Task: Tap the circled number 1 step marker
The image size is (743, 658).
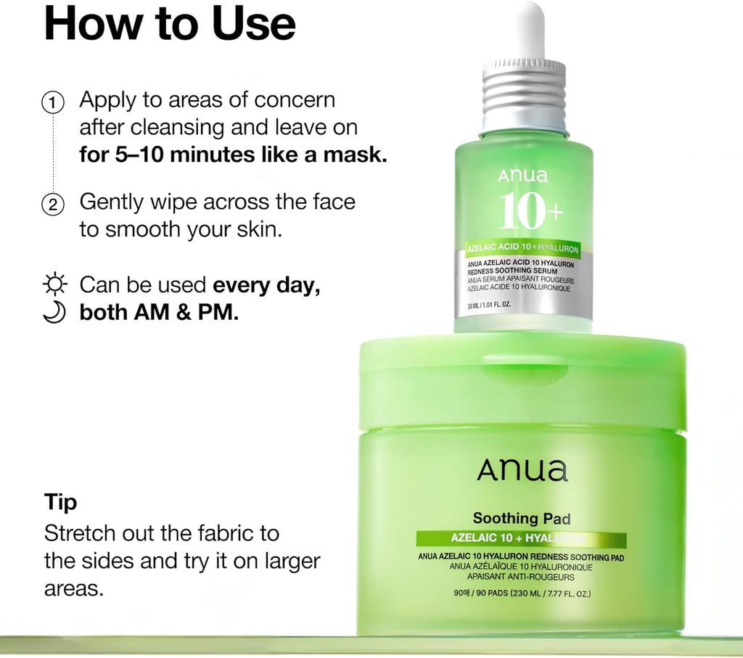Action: click(53, 103)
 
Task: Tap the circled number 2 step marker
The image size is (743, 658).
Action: click(53, 205)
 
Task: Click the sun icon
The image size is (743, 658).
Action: click(54, 284)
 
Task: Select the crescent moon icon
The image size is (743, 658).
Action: click(54, 312)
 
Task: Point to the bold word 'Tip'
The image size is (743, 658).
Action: click(61, 503)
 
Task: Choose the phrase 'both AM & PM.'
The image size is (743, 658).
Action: click(159, 312)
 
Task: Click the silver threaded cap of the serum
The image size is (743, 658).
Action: click(524, 96)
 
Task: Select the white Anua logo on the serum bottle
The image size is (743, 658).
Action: click(522, 176)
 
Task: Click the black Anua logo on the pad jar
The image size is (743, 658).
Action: click(522, 470)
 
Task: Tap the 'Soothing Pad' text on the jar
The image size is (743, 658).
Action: click(521, 518)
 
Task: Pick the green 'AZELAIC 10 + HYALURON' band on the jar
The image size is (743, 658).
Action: click(521, 538)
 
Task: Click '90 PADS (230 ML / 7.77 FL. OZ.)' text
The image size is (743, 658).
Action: click(533, 593)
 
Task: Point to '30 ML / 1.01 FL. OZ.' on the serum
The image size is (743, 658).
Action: click(489, 305)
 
